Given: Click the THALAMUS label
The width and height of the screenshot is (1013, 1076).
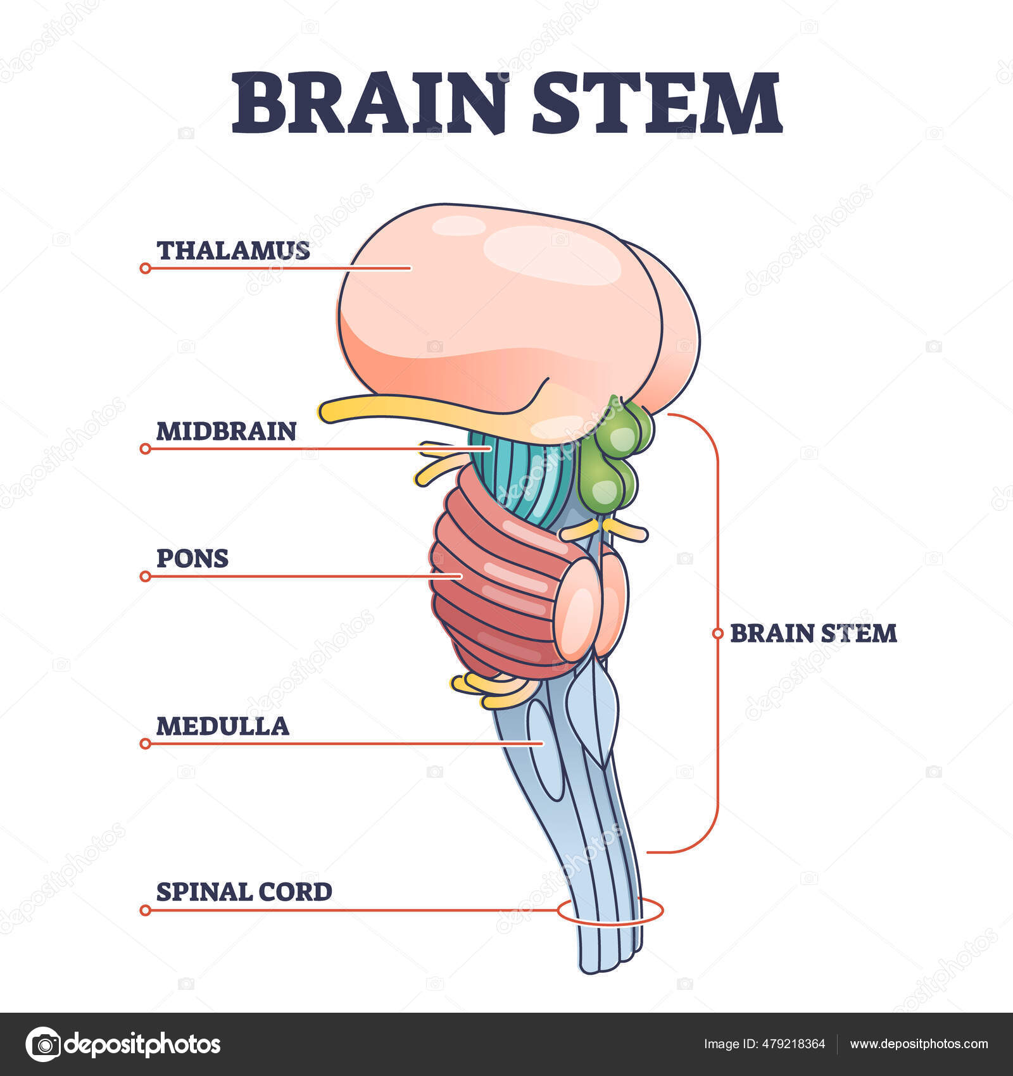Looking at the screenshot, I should [x=233, y=251].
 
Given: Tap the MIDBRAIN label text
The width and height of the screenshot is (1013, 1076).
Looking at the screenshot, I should [x=226, y=432].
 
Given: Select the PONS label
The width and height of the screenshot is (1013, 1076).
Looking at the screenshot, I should [x=192, y=558].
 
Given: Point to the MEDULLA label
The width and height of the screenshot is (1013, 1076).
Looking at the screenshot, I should [x=222, y=726].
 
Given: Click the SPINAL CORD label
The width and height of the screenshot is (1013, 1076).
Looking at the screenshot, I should [x=244, y=892].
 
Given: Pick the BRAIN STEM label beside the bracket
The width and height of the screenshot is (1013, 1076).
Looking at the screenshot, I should [x=814, y=634].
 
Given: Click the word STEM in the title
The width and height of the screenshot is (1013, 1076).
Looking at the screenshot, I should [x=656, y=103].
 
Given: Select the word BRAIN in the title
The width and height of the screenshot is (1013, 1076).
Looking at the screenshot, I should [x=370, y=103].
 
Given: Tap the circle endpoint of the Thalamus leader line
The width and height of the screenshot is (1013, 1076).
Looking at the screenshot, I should [x=145, y=268].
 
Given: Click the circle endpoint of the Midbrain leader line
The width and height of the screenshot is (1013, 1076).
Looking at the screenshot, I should [x=145, y=449].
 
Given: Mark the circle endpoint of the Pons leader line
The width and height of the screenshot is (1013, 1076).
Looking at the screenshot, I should [x=145, y=577].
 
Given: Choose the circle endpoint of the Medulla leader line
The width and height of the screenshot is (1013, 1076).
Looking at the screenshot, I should [x=145, y=744].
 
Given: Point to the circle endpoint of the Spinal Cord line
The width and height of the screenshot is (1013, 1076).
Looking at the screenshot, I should [x=145, y=910].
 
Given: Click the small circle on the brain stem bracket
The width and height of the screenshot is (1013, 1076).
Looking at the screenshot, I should [x=717, y=633].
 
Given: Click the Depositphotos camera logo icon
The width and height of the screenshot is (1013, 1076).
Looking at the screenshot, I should [x=43, y=1044].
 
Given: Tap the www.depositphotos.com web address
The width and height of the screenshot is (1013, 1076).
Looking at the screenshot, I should [x=919, y=1044].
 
